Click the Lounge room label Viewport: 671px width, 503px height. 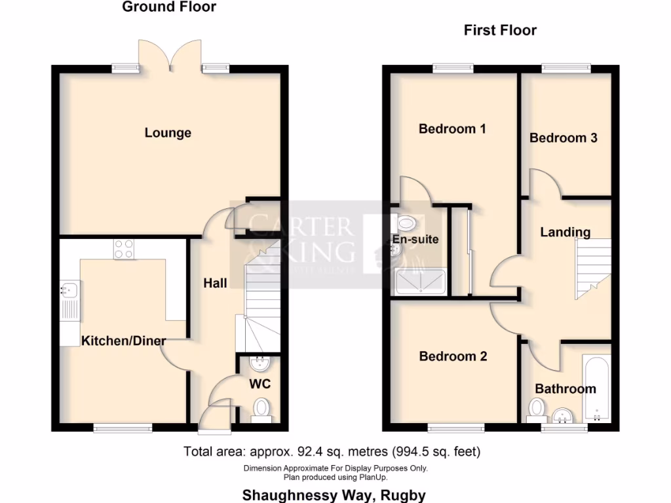click(x=168, y=133)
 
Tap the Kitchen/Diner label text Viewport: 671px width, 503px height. click(x=123, y=341)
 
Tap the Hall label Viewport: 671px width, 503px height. click(x=215, y=283)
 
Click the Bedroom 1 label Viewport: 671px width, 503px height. click(x=452, y=129)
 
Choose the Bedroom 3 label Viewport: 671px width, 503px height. click(x=564, y=138)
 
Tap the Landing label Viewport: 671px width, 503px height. click(x=565, y=232)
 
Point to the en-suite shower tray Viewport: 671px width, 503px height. click(x=422, y=282)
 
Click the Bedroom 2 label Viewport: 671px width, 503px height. click(x=453, y=356)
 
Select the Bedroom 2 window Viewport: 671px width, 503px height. click(x=452, y=428)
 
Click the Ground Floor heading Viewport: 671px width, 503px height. click(x=169, y=7)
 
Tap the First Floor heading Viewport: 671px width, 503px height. click(x=500, y=30)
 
